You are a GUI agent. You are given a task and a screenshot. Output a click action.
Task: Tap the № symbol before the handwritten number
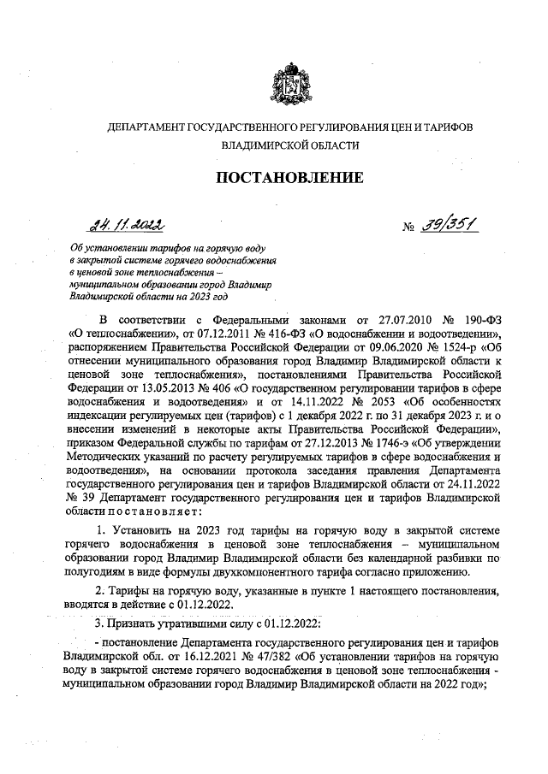[409, 228]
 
